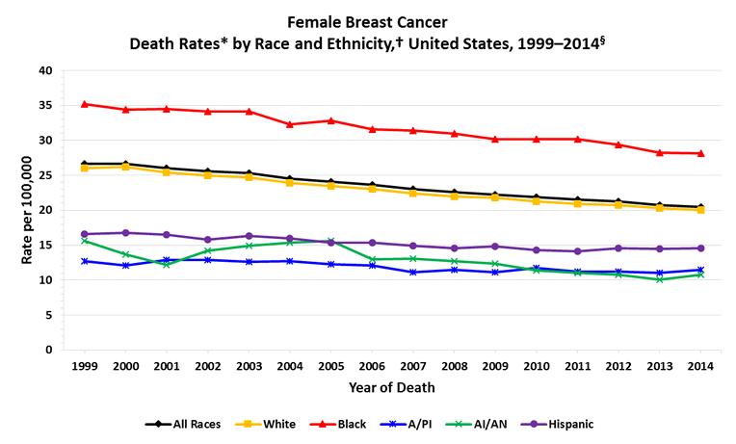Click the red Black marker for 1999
pos(86,104)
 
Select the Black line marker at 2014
pos(700,153)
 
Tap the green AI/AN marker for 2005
pos(331,241)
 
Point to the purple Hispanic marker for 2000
pos(126,233)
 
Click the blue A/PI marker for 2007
pos(413,273)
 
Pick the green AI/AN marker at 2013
pos(660,279)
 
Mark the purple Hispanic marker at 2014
pos(700,248)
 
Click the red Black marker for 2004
pos(290,124)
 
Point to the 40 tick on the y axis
pos(45,71)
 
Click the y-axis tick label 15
pos(45,246)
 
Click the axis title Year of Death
pos(393,388)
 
